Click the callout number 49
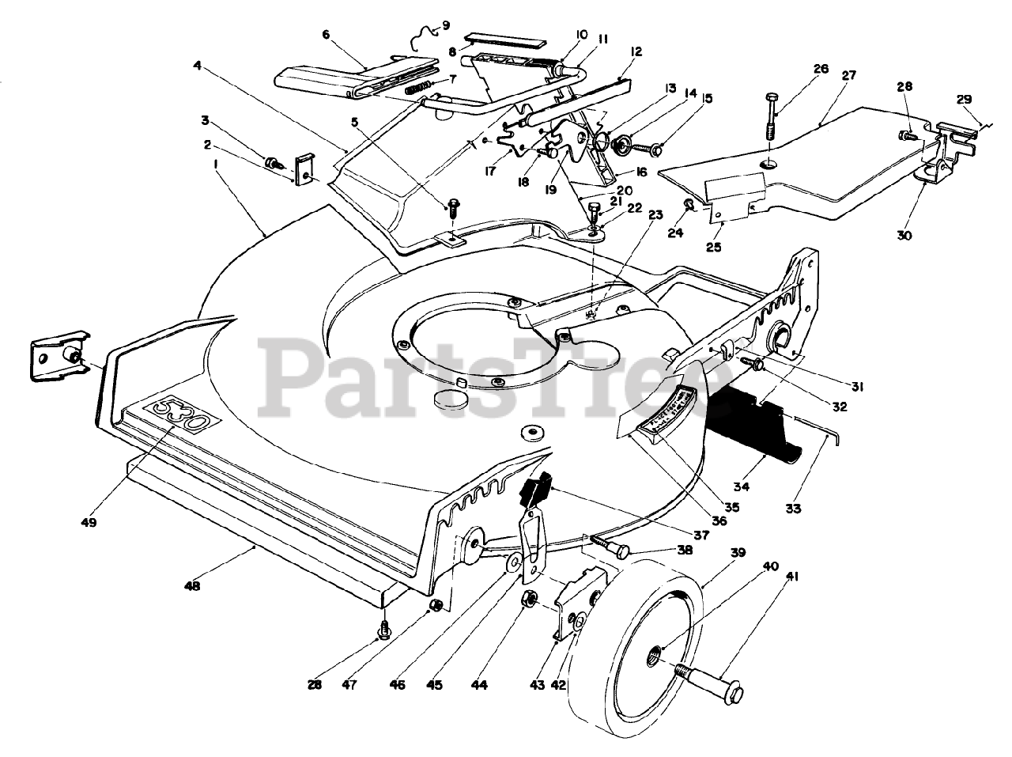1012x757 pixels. coord(89,523)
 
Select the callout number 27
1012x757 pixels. coord(849,76)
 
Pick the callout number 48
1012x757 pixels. coord(191,586)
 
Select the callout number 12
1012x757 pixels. coord(636,52)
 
